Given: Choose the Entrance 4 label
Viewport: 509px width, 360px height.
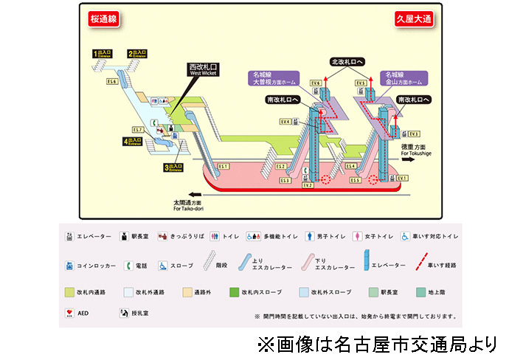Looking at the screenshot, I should [134, 141].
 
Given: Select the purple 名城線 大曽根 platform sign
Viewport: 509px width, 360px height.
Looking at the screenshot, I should [271, 78].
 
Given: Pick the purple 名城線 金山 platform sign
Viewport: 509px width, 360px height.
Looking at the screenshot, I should [402, 78].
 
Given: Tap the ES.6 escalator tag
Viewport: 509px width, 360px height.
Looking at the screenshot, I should [112, 81].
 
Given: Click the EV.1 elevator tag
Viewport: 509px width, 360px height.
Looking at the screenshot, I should [402, 179].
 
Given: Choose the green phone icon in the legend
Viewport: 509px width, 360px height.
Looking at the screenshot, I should [128, 265].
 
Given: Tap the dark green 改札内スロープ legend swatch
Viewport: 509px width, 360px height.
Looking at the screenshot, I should [235, 291].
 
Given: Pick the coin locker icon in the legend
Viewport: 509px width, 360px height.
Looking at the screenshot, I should [69, 265].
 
